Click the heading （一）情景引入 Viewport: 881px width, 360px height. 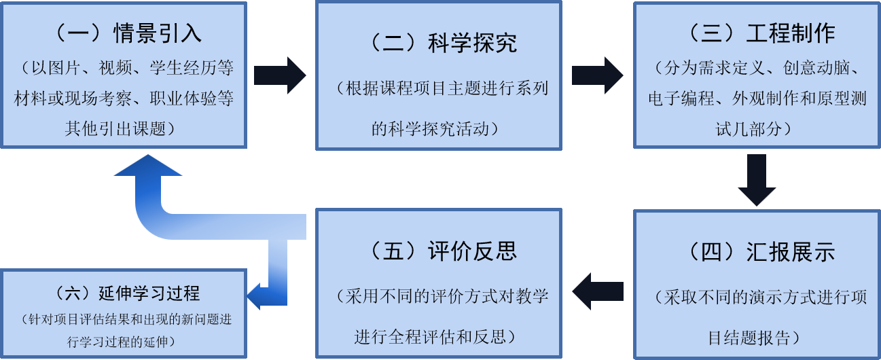pos(125,33)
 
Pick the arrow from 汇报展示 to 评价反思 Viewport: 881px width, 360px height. pos(597,290)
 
